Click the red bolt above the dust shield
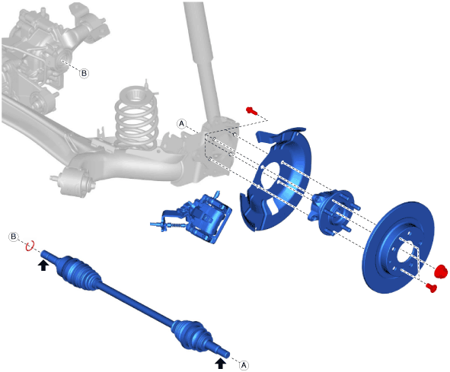coord(251,110)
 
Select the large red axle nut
coord(441,272)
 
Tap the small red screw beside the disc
coord(432,288)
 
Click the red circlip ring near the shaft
coord(30,246)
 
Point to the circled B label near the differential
coord(84,73)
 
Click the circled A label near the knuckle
coord(181,123)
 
